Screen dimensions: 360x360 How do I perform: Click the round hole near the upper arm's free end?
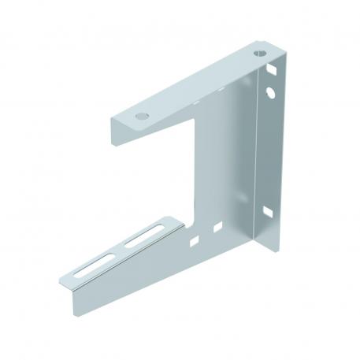point(141,115)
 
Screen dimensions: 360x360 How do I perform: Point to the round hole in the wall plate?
point(271,92)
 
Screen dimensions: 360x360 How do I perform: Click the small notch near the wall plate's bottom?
point(270,212)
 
